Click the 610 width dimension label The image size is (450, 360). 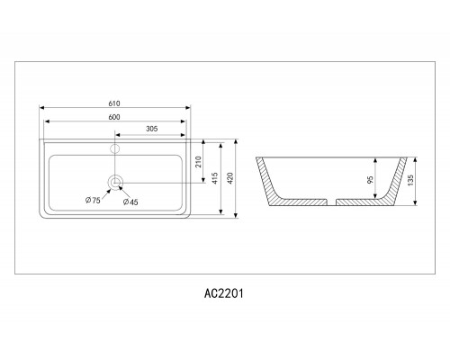(x=114, y=103)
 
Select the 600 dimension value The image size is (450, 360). (x=114, y=117)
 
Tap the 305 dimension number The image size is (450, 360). (x=152, y=129)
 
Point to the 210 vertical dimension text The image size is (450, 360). (x=198, y=162)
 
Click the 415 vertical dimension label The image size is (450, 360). (x=214, y=178)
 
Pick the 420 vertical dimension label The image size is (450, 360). (x=230, y=178)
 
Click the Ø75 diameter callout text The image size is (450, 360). (x=93, y=200)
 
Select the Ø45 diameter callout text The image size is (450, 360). (x=130, y=202)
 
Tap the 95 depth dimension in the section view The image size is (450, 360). (x=370, y=180)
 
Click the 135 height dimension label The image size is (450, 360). (x=410, y=180)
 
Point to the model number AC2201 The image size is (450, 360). (x=224, y=293)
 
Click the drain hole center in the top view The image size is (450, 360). (x=115, y=183)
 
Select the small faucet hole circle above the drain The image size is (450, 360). (x=115, y=148)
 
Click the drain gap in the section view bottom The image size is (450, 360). (x=331, y=202)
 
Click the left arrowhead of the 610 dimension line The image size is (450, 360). (x=42, y=108)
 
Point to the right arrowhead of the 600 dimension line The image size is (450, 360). (x=184, y=121)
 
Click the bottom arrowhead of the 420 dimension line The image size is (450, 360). (x=236, y=215)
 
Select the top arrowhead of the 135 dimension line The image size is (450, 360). (x=415, y=160)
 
